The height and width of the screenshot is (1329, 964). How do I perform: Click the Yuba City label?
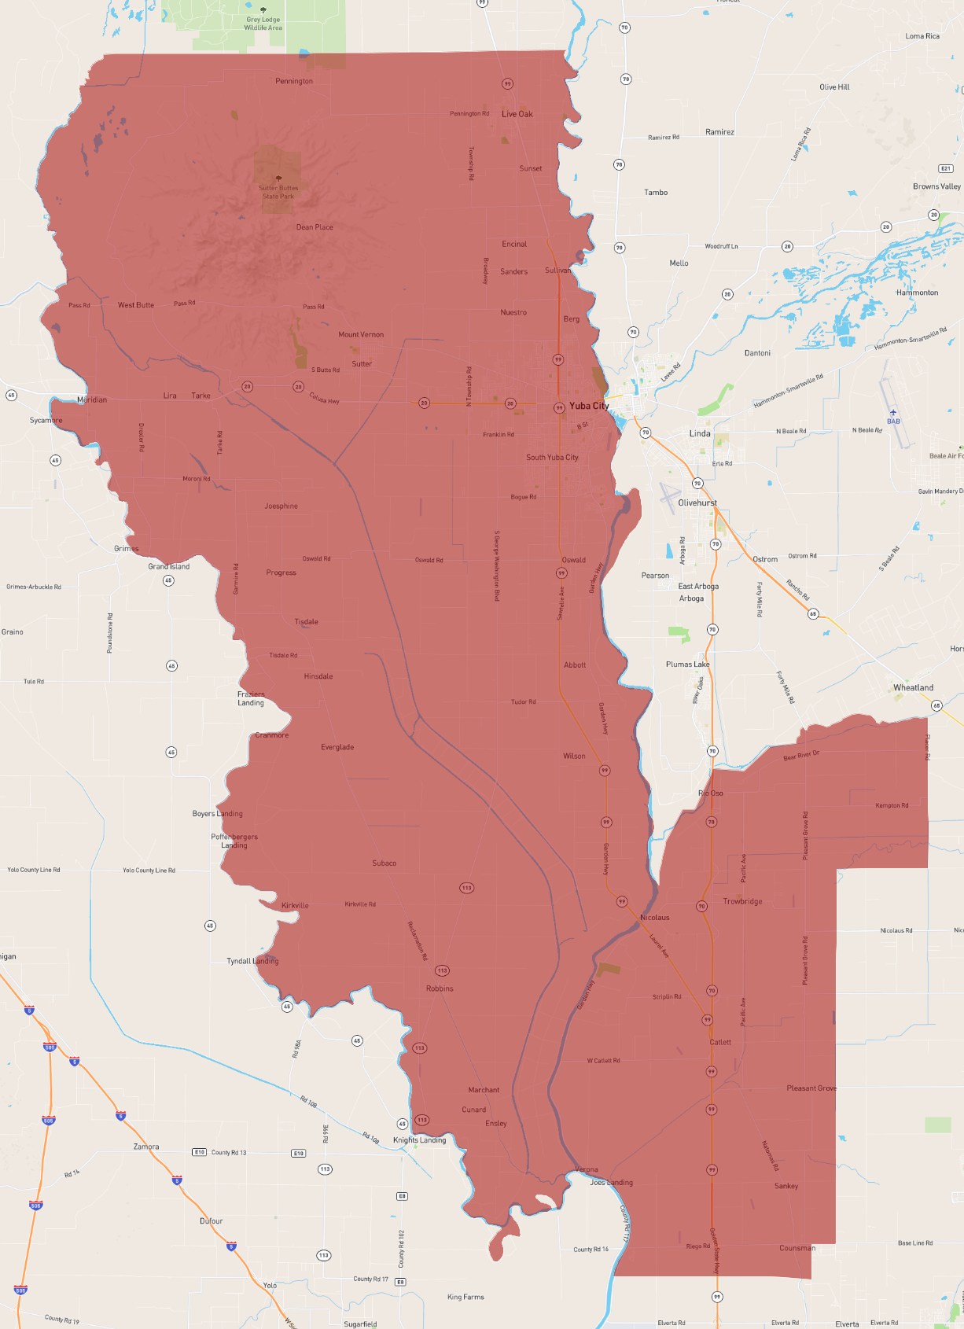coord(588,406)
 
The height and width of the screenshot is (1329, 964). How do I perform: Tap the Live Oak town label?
coord(517,114)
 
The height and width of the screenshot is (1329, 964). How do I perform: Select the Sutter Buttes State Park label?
coord(278,192)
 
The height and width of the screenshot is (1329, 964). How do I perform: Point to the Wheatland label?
coord(913,687)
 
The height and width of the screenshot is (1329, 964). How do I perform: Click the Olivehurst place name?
coord(697,503)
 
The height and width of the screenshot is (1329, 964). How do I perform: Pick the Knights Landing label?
coord(419,1139)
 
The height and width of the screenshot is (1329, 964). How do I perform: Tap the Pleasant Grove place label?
coord(811,1088)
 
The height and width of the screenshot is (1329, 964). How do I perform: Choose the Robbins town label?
coord(440,988)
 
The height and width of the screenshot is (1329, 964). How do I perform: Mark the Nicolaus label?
coord(654,918)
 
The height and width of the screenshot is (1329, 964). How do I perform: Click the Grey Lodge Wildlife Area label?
coord(263,24)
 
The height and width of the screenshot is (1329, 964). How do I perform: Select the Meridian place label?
coord(92,399)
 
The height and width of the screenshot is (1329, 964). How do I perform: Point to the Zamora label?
coord(146,1147)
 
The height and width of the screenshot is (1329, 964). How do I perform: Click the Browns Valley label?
coord(936,186)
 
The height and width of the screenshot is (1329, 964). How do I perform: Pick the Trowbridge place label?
coord(742,901)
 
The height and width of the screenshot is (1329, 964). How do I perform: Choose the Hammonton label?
coord(917,293)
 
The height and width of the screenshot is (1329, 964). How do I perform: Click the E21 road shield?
coord(946,168)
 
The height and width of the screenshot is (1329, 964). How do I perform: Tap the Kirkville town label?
coord(295,905)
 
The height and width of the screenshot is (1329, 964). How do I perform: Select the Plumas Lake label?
coord(687,664)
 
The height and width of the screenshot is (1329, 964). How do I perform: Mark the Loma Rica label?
coord(922,36)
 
